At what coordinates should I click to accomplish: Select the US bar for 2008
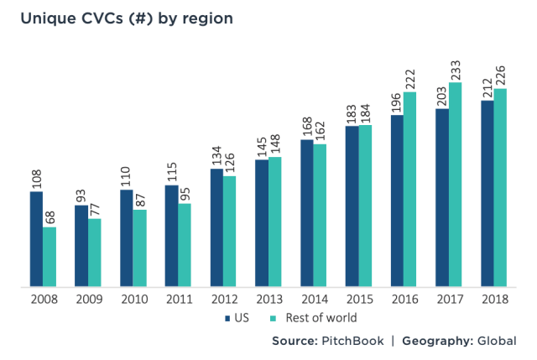[36, 239]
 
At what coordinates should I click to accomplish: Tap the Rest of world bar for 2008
[50, 257]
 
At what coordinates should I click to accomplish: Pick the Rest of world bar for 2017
[456, 185]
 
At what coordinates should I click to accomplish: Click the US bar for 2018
[487, 194]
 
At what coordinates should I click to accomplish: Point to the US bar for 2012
[216, 228]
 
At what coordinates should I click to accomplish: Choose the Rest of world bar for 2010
[139, 248]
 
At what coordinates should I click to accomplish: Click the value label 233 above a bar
[456, 67]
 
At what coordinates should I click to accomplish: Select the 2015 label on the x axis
[358, 300]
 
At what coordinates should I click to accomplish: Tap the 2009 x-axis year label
[87, 300]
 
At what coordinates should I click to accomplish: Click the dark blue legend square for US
[227, 319]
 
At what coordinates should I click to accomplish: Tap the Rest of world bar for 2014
[320, 216]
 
